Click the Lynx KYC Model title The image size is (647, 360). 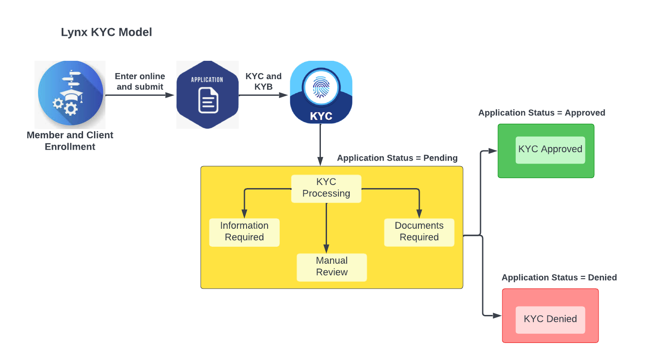106,32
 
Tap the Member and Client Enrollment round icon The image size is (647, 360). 70,94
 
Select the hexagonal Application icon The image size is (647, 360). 207,94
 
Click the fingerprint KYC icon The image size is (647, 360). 321,92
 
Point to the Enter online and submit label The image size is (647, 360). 140,81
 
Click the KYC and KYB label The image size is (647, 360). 263,81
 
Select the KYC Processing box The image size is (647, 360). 326,189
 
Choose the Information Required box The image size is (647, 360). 244,232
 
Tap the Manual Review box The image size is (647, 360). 331,267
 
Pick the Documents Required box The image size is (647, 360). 419,232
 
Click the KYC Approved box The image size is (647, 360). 550,150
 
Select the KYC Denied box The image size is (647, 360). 550,319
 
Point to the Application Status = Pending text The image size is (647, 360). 397,158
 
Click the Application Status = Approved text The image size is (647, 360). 542,113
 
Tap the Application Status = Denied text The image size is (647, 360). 559,278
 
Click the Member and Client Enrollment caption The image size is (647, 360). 70,141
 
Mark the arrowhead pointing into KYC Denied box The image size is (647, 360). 497,315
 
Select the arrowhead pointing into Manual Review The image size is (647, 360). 326,249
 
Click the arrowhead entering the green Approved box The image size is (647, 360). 493,151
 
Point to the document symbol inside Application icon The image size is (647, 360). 208,101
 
